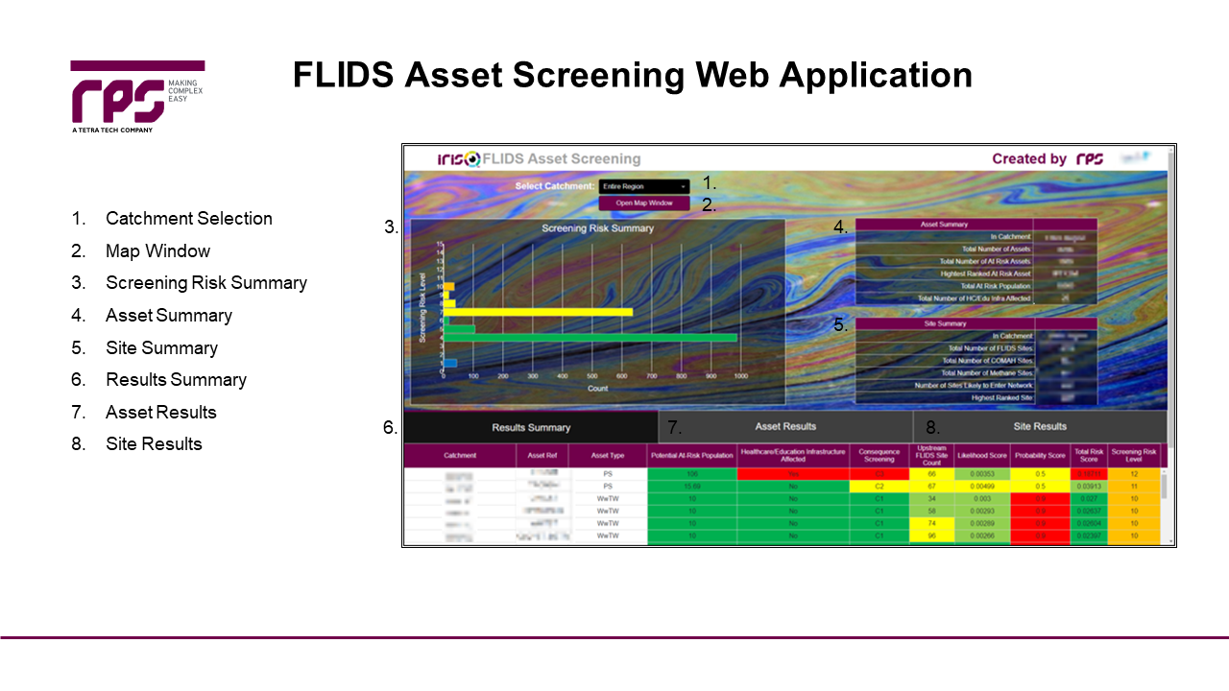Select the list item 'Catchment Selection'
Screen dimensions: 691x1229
tap(188, 219)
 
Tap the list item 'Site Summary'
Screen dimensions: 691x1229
tap(161, 347)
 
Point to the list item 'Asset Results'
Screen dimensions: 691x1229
tap(161, 412)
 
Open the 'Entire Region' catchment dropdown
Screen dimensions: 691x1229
tap(643, 186)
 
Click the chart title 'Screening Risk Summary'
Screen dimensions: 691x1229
tap(597, 228)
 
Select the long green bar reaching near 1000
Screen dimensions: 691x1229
tap(591, 338)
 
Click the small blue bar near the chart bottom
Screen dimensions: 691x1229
tap(449, 362)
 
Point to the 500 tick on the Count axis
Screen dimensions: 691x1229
tap(591, 377)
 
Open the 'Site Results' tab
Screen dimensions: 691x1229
tap(1039, 426)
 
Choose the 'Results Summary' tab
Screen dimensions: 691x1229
tap(531, 427)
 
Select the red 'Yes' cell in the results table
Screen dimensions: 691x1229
tap(793, 474)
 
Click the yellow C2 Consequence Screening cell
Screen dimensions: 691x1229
tap(879, 487)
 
